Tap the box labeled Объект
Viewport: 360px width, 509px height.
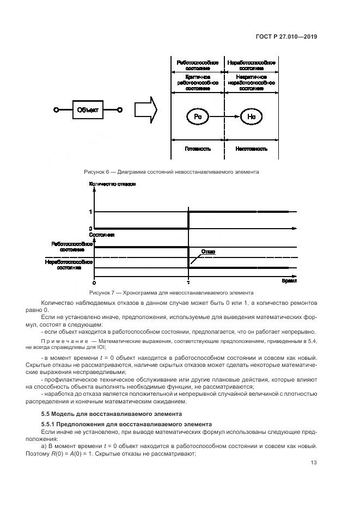(x=87, y=111)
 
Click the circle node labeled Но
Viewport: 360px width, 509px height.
(x=251, y=116)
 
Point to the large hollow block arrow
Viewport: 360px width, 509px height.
(x=145, y=111)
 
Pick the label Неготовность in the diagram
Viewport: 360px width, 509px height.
(x=251, y=148)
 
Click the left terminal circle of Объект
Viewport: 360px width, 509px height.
(x=56, y=111)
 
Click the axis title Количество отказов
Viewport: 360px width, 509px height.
(x=113, y=184)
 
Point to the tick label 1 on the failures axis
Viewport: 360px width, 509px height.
(x=90, y=211)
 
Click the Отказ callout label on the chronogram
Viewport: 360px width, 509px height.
(x=208, y=252)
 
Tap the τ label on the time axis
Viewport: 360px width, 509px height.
(x=188, y=283)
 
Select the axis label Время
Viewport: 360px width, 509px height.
(x=289, y=282)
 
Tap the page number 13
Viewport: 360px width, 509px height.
(x=314, y=463)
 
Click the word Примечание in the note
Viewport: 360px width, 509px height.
(x=60, y=340)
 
